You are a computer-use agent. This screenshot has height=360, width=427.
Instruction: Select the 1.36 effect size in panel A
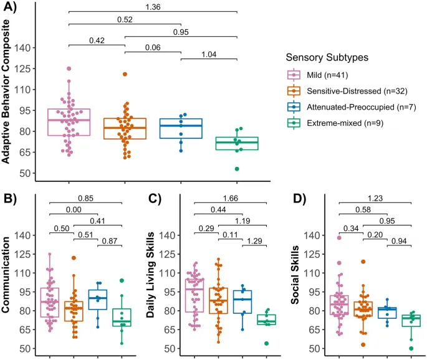coord(152,7)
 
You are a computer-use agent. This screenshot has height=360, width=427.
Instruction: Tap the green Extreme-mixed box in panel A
coord(209,143)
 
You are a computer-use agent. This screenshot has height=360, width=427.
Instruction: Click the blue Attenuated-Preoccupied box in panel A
coord(181,128)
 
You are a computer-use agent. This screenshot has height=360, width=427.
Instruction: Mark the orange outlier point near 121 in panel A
coord(125,74)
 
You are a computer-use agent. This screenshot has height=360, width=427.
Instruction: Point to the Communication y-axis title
coord(8,281)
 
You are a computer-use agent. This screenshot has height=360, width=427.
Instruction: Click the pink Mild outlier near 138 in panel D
coord(339,238)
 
